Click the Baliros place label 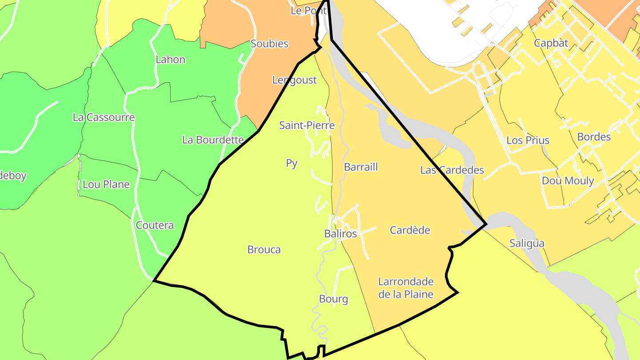point(340,234)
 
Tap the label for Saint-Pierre point(307,125)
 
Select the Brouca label point(264,250)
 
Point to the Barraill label point(361,167)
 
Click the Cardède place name point(410,230)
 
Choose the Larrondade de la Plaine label point(406,288)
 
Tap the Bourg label point(333,299)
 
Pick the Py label point(292,164)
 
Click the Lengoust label point(295,80)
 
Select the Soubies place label point(269,44)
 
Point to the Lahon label point(170,60)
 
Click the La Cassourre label point(104,117)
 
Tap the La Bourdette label point(213,140)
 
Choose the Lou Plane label point(106,184)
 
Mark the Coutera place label point(155,225)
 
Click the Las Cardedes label point(452,170)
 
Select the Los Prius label point(528,140)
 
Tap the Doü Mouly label point(568,181)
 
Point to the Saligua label point(527,244)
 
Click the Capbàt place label point(551,43)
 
